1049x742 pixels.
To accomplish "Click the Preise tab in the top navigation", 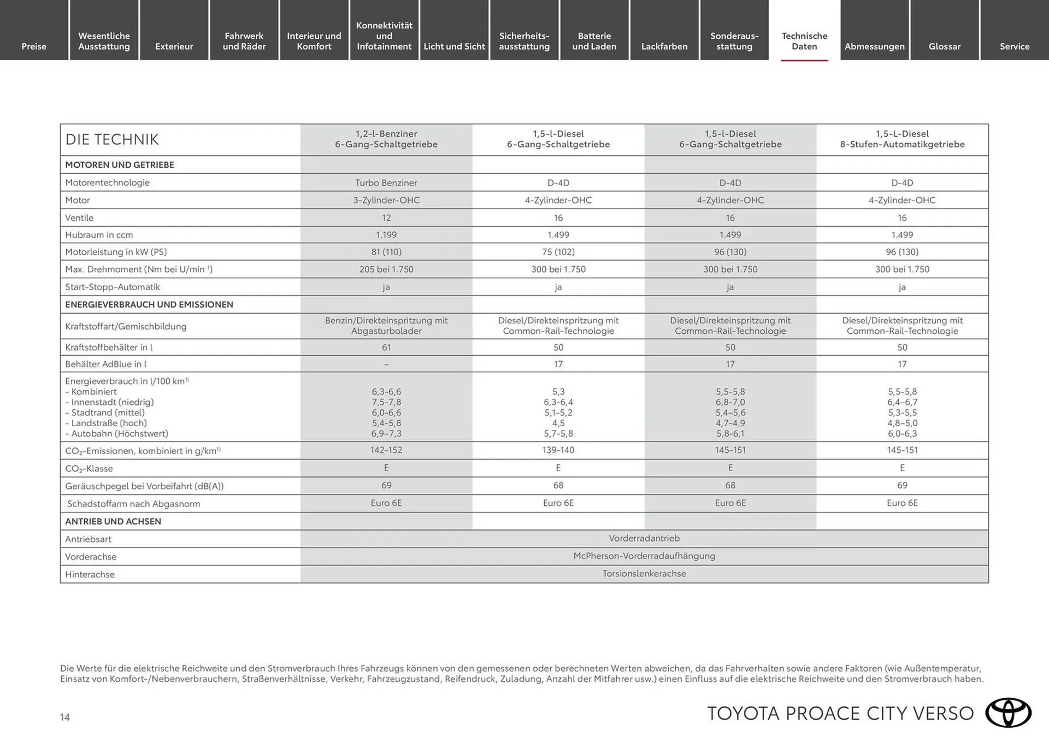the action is click(x=34, y=46).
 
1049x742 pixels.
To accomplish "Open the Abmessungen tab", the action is click(x=874, y=46).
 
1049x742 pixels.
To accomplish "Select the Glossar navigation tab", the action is click(x=944, y=46).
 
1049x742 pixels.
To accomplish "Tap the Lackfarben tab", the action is click(x=664, y=46).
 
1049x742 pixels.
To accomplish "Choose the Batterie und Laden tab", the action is click(x=594, y=41).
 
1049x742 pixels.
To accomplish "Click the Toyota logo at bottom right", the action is click(x=1008, y=713).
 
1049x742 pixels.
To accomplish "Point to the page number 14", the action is click(x=64, y=717).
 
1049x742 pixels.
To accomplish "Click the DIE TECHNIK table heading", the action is click(x=112, y=139).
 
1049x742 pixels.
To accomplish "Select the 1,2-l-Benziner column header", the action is click(x=386, y=139).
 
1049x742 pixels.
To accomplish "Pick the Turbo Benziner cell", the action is click(x=386, y=182).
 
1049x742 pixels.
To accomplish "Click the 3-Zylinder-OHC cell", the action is click(x=386, y=200).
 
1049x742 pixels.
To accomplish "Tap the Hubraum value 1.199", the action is click(x=386, y=235).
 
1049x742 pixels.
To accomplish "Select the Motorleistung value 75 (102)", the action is click(x=558, y=252).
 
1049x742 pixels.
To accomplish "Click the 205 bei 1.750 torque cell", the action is click(x=386, y=269).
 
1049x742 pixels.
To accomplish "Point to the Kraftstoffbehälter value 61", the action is click(x=386, y=348).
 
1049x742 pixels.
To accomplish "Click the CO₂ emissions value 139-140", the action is click(x=558, y=450).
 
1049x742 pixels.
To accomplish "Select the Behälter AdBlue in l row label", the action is click(x=106, y=364).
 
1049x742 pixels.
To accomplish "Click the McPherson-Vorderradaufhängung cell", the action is click(x=644, y=556).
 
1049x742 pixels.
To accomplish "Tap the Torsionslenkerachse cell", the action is click(x=644, y=574).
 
